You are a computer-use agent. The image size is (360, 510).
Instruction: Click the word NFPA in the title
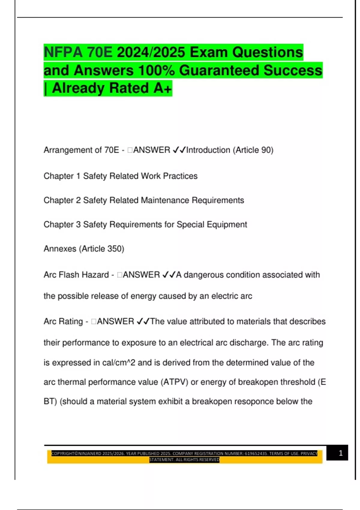63,52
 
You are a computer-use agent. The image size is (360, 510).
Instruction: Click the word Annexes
60,249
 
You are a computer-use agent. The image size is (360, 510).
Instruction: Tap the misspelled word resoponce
247,401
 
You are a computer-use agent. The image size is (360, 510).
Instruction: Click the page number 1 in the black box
340,453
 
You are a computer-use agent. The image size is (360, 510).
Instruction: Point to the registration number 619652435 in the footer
256,454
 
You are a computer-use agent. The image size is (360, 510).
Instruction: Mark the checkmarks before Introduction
179,150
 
